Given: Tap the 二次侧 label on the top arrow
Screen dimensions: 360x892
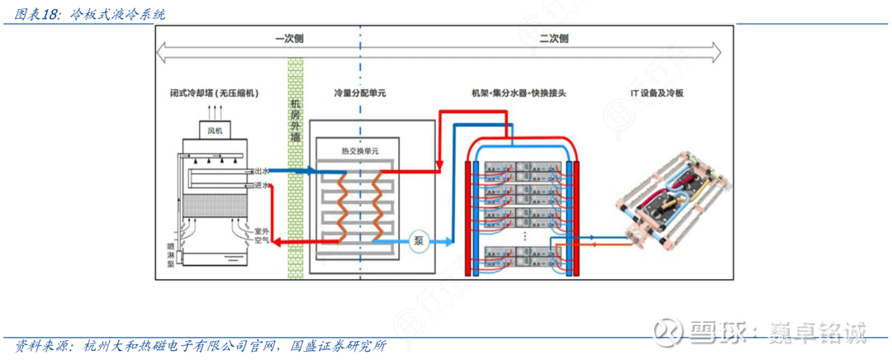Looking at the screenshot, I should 553,38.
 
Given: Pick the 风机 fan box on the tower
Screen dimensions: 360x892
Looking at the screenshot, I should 215,130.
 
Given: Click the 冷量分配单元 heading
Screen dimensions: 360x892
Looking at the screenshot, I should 359,94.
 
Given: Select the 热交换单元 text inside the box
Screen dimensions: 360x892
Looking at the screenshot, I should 359,151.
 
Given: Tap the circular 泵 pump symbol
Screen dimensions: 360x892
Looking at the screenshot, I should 419,241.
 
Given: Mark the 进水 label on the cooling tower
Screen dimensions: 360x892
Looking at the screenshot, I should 263,186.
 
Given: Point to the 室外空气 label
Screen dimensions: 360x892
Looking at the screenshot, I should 263,235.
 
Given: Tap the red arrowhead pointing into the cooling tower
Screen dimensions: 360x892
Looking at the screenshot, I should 278,241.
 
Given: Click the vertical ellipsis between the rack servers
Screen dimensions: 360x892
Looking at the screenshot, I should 525,235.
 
